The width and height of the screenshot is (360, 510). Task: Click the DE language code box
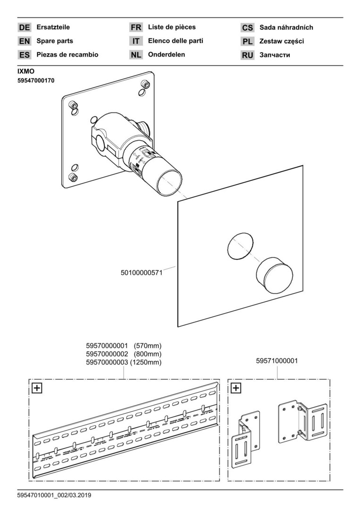25,28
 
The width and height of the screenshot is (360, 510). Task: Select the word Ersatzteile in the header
53,27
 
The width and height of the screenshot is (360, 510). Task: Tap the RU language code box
248,55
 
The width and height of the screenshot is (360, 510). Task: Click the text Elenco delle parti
176,41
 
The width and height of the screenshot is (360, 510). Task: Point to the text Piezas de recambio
67,55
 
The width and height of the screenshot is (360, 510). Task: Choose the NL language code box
136,55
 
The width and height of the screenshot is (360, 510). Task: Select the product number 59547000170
36,81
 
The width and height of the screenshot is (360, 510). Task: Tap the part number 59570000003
108,363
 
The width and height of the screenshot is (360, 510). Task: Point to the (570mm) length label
148,346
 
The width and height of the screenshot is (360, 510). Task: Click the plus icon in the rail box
36,388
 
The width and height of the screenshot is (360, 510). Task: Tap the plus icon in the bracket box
236,388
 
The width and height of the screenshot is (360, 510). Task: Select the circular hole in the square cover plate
240,247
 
